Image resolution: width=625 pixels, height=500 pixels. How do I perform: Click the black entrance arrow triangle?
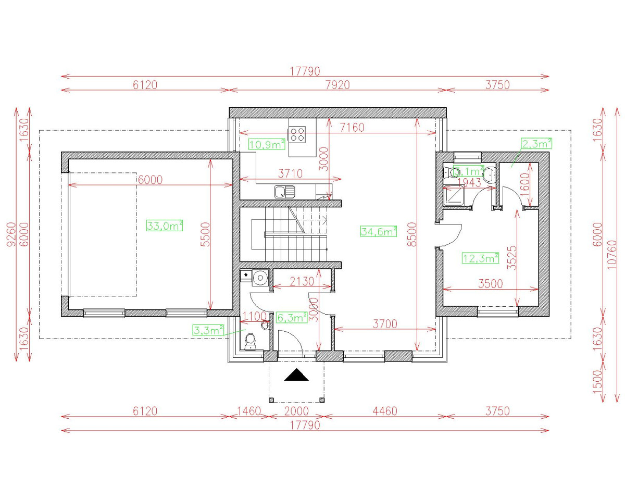coord(296,375)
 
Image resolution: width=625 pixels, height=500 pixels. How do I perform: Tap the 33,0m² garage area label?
coord(165,226)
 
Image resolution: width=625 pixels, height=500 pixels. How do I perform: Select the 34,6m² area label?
coord(379,232)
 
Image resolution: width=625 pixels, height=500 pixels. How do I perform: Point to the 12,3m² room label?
coord(481,257)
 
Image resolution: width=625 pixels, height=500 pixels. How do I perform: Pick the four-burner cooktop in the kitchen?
coord(298,134)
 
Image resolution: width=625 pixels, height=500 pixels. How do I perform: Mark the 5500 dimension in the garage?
coord(205,234)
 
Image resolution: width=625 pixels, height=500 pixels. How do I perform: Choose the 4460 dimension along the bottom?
coord(384,411)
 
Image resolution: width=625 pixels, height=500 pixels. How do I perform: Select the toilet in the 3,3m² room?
coord(251,341)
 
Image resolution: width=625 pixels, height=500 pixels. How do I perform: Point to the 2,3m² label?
coord(536,143)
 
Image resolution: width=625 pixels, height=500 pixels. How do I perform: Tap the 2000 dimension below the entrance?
coord(296,411)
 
